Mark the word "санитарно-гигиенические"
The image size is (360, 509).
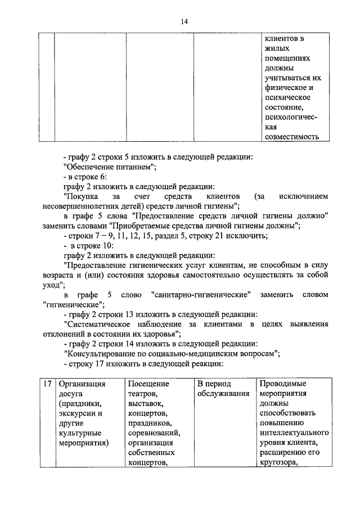pos(201,294)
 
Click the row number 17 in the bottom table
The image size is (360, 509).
pos(48,384)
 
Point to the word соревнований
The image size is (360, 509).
pos(154,433)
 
